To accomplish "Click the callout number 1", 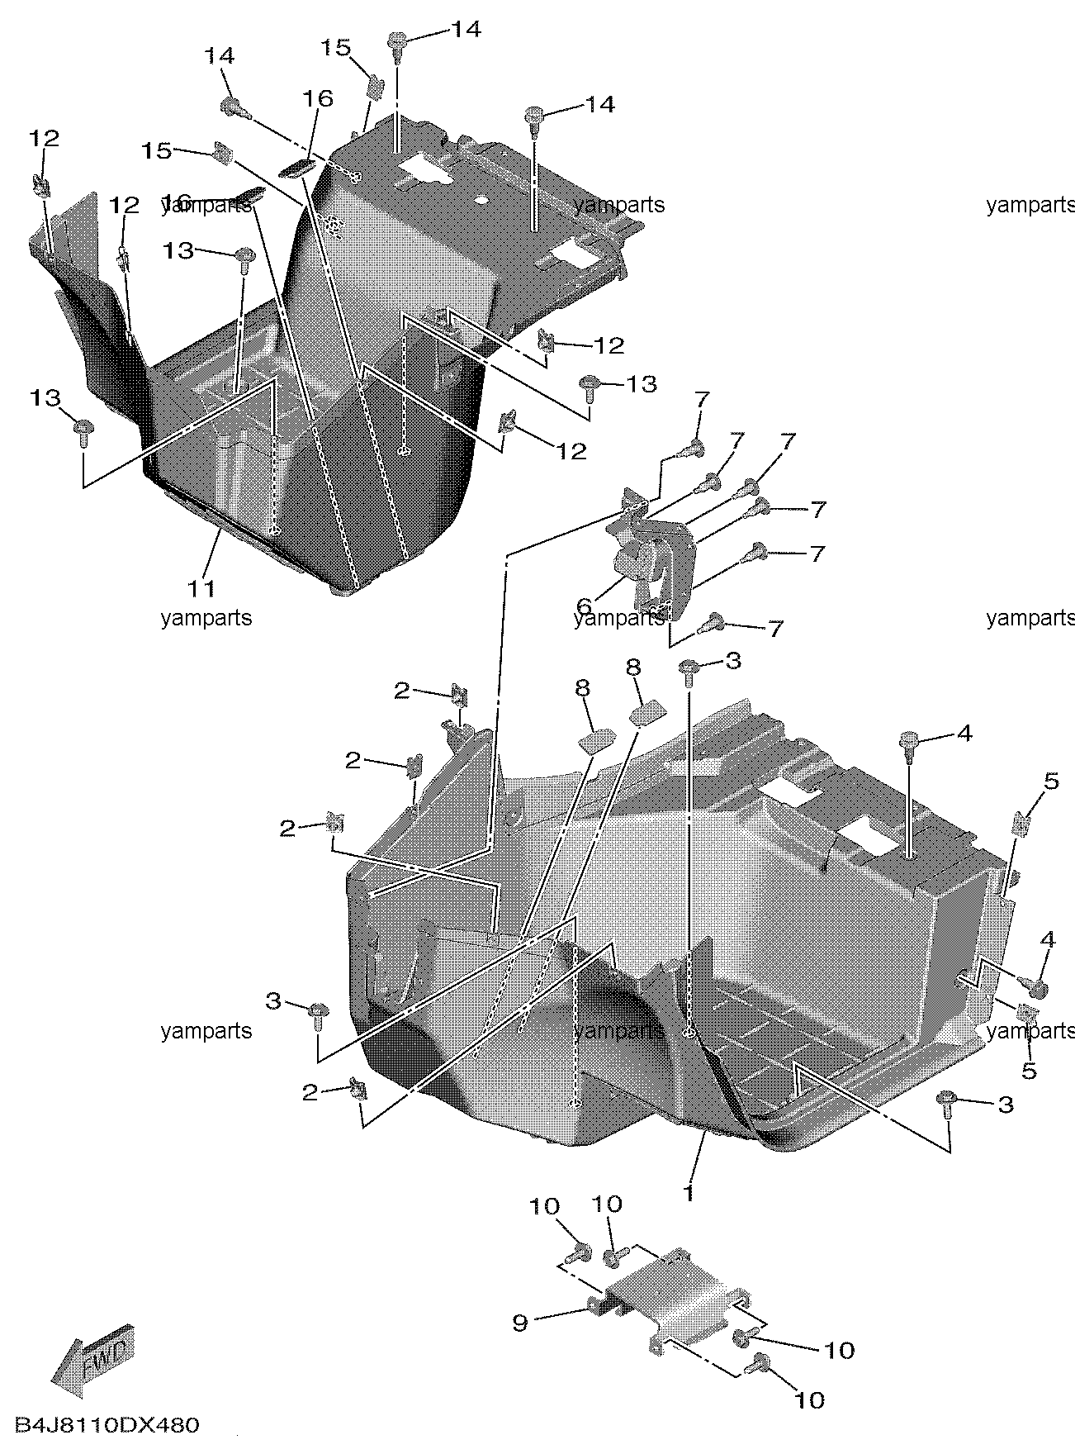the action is [688, 1194].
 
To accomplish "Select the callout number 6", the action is [584, 607].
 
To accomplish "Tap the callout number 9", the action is [519, 1323].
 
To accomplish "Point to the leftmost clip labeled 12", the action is [39, 185].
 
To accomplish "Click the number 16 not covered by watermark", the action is [318, 99].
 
